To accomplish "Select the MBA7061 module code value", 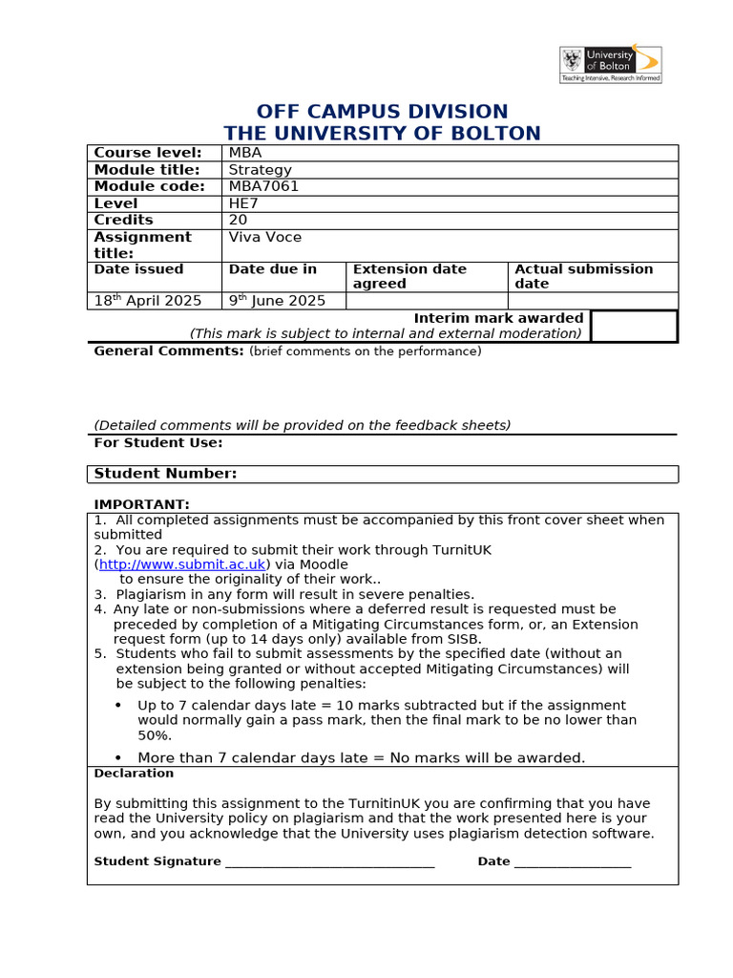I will (x=263, y=186).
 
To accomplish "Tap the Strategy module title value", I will (x=260, y=170).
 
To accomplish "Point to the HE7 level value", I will (x=244, y=203).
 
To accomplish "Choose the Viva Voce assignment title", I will (x=264, y=237).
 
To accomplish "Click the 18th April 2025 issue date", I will (x=148, y=301).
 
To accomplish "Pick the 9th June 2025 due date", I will (x=277, y=301).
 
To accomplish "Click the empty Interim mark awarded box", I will (x=634, y=326).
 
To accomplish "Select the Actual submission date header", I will (x=583, y=276).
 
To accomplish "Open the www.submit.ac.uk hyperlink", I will (x=182, y=564).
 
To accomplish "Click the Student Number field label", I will (x=165, y=474).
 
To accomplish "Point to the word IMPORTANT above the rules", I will (x=141, y=504).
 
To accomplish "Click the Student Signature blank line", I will (x=329, y=862).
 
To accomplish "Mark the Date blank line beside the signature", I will (x=573, y=862).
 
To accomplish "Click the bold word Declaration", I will (x=134, y=774).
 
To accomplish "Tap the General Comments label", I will (x=169, y=351).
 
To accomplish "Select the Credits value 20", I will (x=239, y=220).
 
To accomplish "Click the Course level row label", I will (x=148, y=153).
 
